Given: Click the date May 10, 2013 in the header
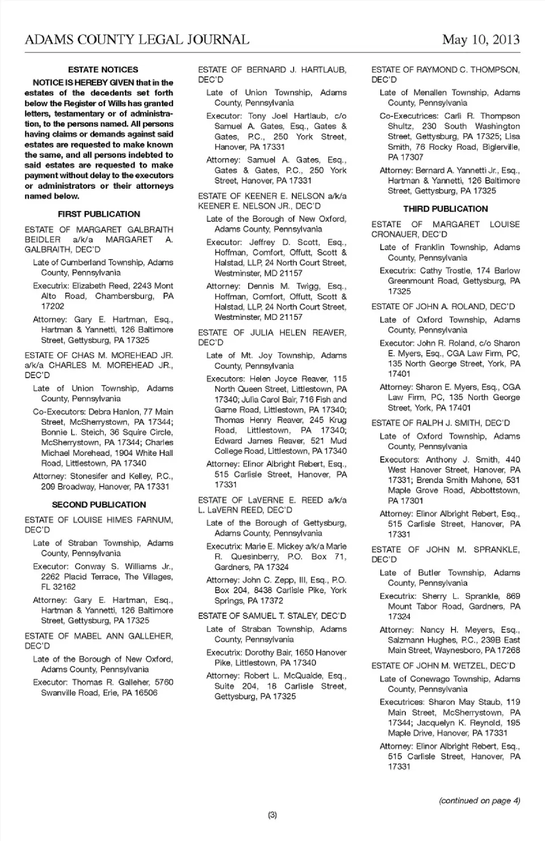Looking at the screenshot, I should (x=481, y=39).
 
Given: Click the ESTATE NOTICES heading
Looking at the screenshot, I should (x=103, y=70).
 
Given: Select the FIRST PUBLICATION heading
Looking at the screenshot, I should (x=99, y=214).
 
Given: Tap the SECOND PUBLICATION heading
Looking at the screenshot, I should (x=99, y=505).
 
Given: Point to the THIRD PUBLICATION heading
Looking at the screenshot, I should (x=446, y=209).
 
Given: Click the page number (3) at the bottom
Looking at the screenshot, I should (x=272, y=815).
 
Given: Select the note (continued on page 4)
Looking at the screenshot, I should (x=479, y=801).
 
